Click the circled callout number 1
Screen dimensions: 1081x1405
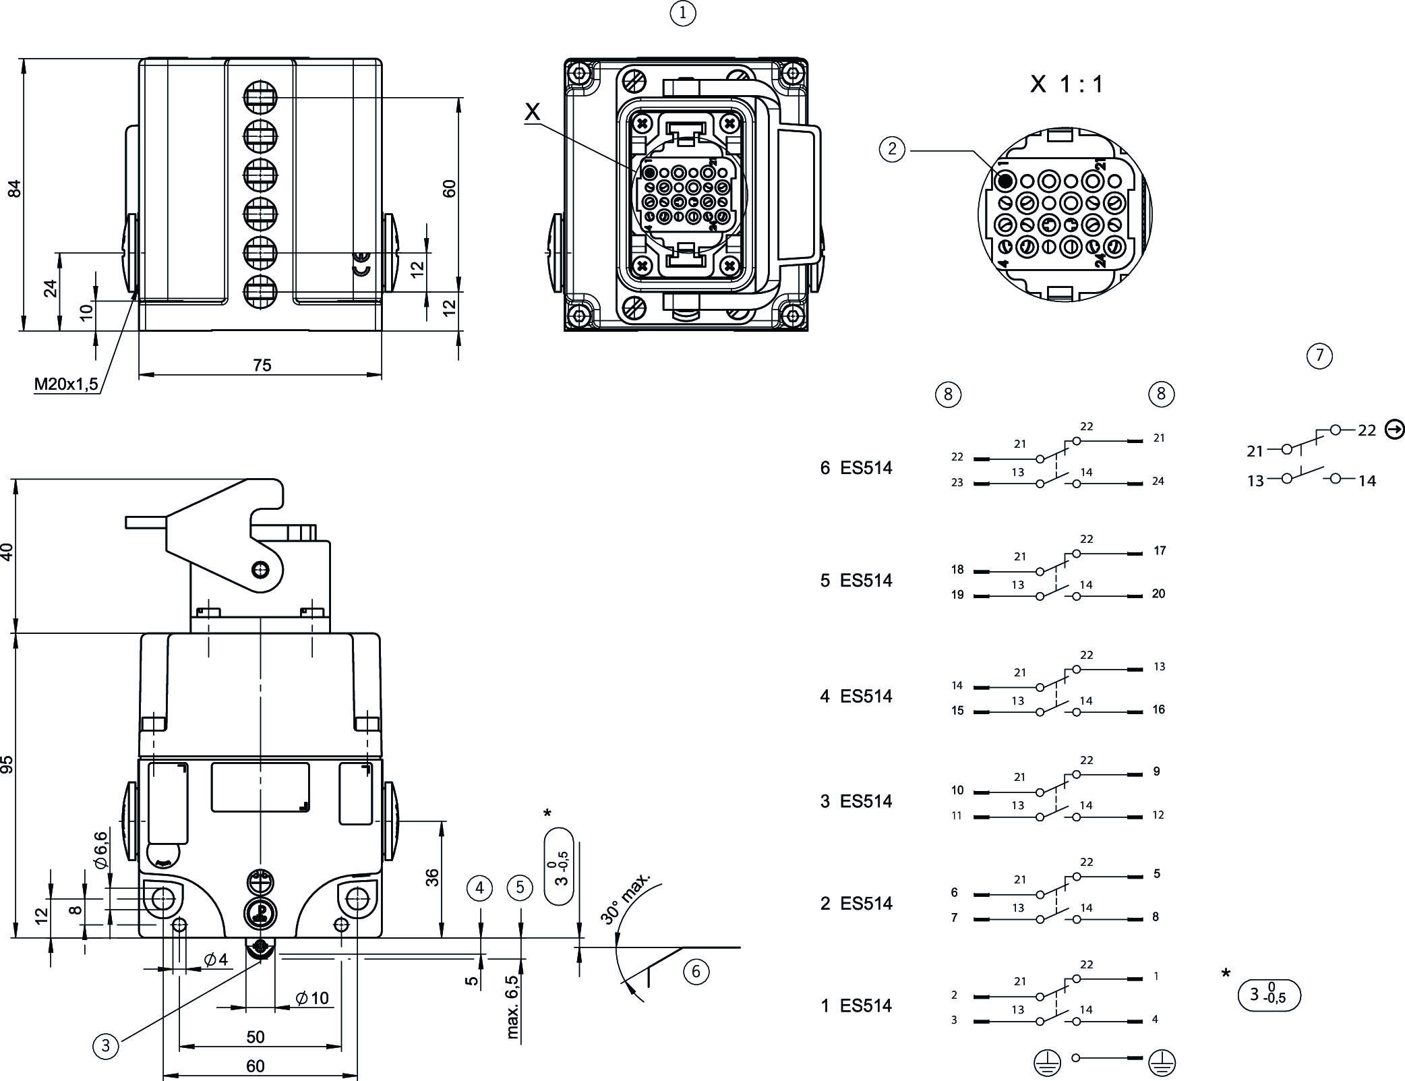click(683, 13)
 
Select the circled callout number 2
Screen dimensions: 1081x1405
click(893, 149)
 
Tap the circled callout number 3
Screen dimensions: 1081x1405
click(105, 1046)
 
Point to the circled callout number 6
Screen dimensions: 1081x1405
click(696, 972)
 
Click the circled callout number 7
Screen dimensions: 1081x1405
click(1319, 355)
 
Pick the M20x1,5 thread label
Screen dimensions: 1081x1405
click(66, 384)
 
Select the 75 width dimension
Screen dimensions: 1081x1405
click(262, 365)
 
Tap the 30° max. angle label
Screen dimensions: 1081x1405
click(625, 898)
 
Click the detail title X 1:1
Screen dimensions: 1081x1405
click(1067, 84)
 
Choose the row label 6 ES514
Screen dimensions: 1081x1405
click(856, 468)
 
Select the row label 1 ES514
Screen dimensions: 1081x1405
click(856, 1005)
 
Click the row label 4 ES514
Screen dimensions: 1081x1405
click(856, 696)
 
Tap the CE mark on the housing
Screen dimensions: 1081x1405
click(362, 264)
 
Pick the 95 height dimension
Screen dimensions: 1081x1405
click(7, 764)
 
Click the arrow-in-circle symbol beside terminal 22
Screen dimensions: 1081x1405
click(1394, 429)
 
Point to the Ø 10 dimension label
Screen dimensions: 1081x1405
click(312, 998)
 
